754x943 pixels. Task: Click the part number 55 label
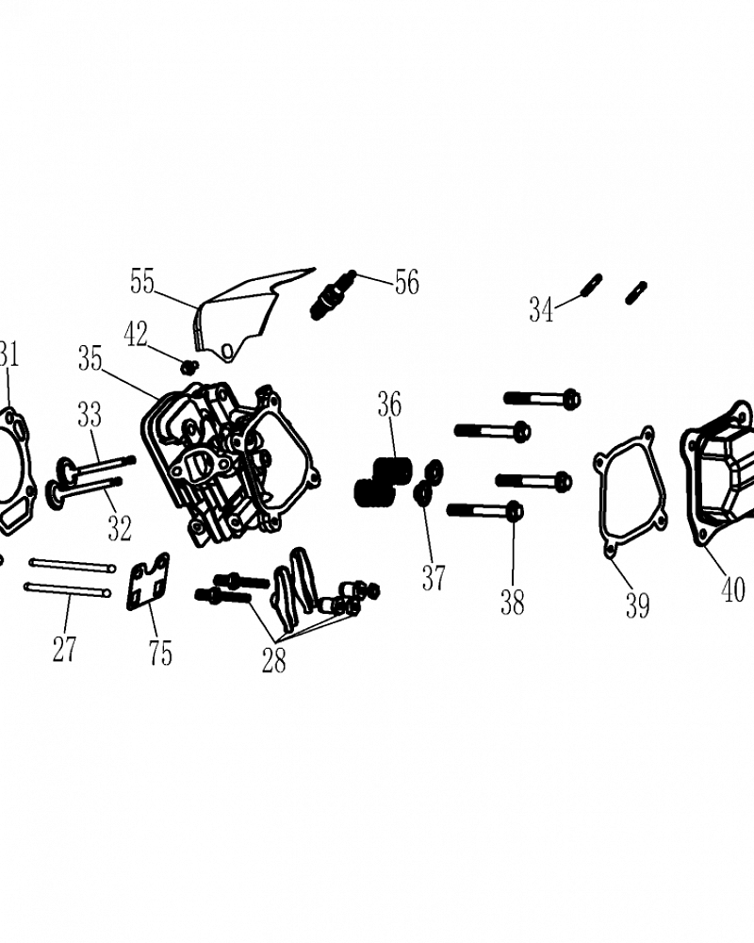tap(142, 281)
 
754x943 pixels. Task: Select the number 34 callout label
tap(541, 309)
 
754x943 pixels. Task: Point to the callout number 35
tap(90, 358)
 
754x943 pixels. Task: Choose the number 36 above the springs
tap(389, 405)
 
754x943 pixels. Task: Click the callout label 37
tap(434, 578)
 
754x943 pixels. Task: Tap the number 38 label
tap(513, 602)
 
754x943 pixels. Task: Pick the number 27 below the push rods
tap(64, 649)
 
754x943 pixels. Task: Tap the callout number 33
tap(89, 415)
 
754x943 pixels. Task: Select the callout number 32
tap(120, 528)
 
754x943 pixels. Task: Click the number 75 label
tap(160, 653)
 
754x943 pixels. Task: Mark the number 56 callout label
tap(406, 281)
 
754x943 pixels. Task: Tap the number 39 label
tap(637, 605)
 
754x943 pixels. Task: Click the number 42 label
tap(136, 335)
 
